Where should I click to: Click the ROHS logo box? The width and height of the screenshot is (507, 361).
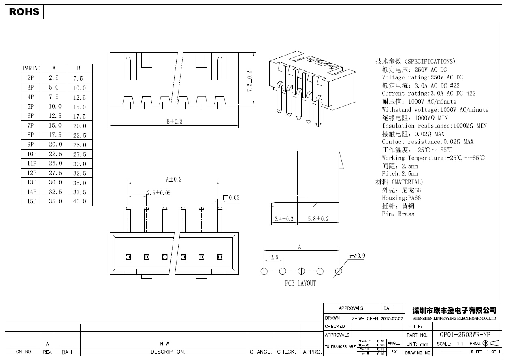click(24, 12)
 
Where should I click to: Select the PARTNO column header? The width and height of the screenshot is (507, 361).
click(32, 68)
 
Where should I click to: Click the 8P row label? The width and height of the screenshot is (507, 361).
click(31, 135)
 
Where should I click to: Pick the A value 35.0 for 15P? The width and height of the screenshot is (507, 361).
click(55, 201)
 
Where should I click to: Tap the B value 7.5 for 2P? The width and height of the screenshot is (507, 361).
click(78, 78)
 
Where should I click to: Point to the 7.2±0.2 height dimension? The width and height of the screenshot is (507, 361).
click(249, 81)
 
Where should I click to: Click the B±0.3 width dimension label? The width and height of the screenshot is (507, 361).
click(175, 121)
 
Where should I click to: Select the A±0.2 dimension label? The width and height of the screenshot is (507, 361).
click(174, 179)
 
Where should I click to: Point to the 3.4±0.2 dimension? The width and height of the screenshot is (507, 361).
click(283, 219)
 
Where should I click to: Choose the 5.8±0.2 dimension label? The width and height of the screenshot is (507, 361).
click(318, 219)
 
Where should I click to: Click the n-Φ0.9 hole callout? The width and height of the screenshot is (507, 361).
click(357, 256)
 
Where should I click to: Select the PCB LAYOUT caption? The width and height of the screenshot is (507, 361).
click(300, 283)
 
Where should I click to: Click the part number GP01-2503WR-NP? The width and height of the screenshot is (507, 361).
click(465, 335)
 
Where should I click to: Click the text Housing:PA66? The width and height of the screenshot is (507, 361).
click(401, 198)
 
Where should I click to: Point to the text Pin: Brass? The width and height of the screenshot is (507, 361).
click(398, 214)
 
